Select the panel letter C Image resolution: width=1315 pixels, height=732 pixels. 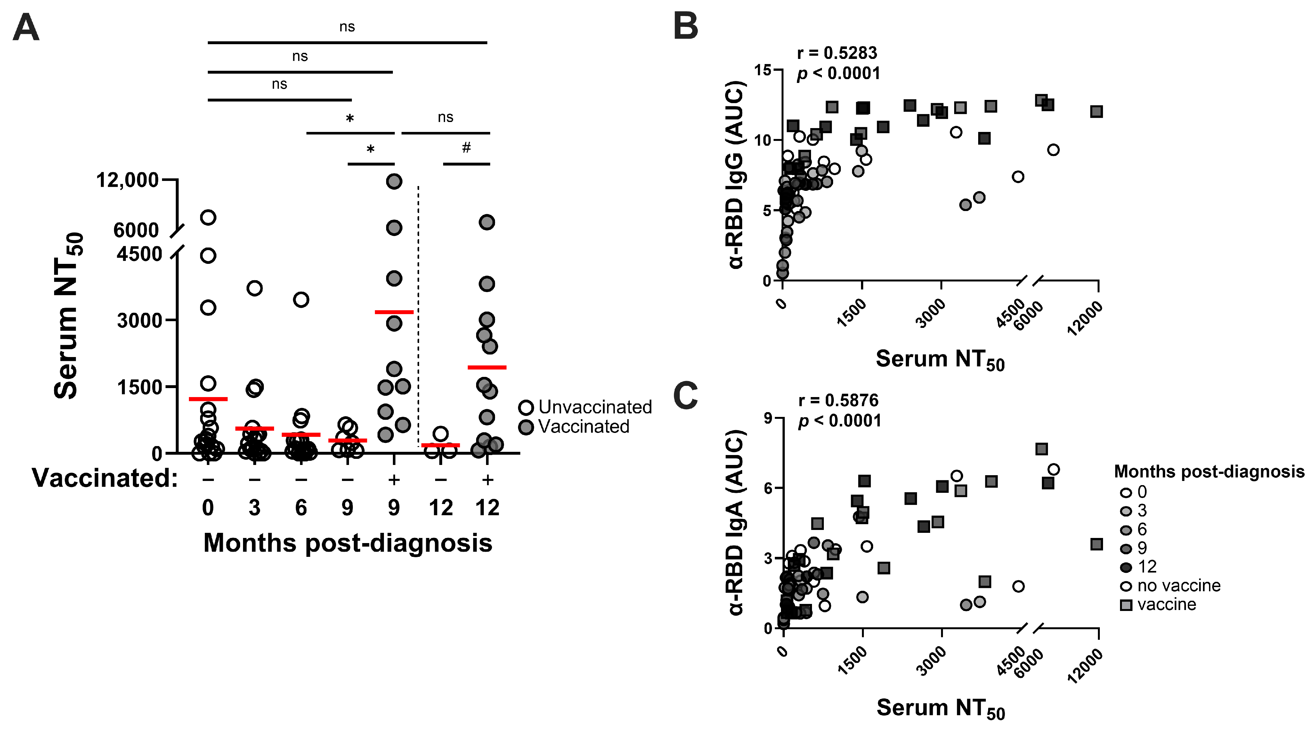pyautogui.click(x=686, y=395)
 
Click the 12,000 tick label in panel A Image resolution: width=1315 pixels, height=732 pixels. pyautogui.click(x=128, y=180)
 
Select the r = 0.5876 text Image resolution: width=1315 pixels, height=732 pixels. pyautogui.click(x=838, y=400)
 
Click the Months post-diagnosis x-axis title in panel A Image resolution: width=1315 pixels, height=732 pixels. pyautogui.click(x=348, y=543)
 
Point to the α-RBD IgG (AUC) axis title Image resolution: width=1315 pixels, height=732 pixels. pyautogui.click(x=735, y=175)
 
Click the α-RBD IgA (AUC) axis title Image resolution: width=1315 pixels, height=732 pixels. pyautogui.click(x=735, y=523)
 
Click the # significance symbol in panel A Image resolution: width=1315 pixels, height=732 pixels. pyautogui.click(x=466, y=148)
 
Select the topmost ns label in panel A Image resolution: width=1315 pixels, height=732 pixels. pyautogui.click(x=347, y=27)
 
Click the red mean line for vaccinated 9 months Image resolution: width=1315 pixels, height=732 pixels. pyautogui.click(x=394, y=312)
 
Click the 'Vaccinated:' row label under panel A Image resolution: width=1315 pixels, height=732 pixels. pyautogui.click(x=105, y=479)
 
